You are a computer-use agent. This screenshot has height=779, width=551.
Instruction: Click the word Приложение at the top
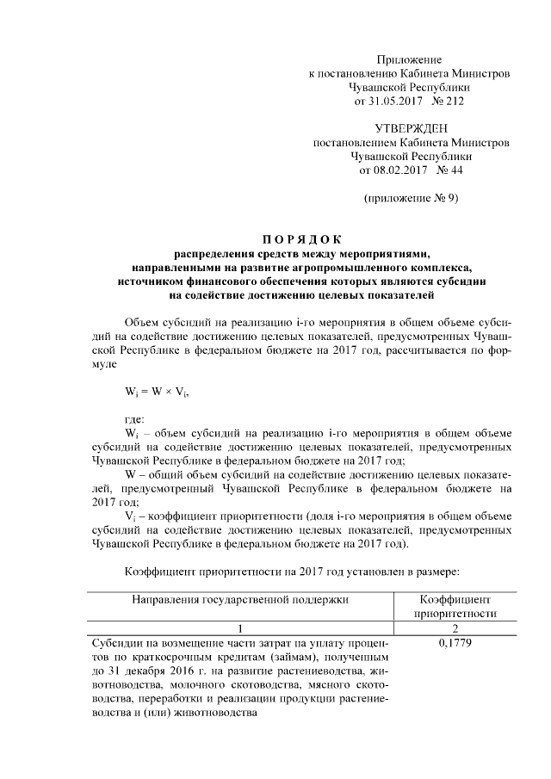click(410, 59)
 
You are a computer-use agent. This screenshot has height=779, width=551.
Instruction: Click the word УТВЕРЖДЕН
click(410, 128)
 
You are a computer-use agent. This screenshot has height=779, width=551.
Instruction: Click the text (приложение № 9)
click(411, 198)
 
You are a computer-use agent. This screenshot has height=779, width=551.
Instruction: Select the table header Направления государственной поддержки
click(242, 598)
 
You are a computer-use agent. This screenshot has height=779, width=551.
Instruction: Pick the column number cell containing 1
click(242, 629)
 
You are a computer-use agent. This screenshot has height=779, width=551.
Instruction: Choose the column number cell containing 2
click(454, 629)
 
